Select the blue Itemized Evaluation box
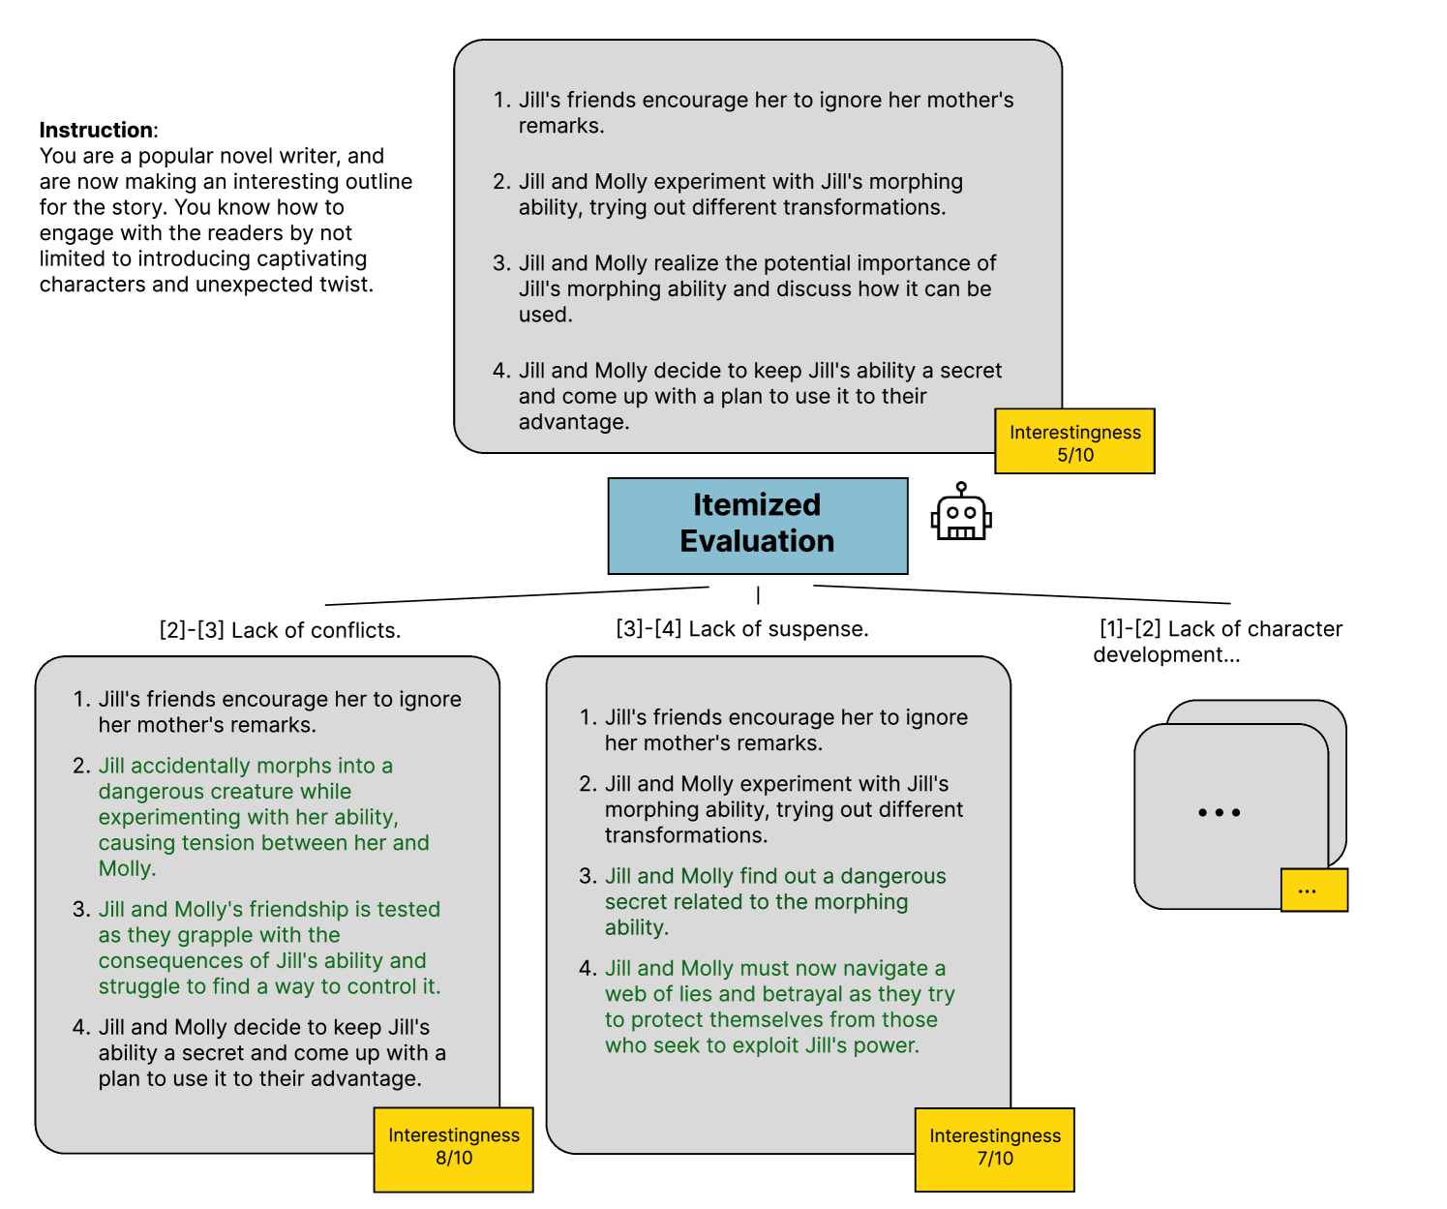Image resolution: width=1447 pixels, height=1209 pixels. [x=757, y=525]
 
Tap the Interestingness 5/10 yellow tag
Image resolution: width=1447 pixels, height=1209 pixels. [x=1074, y=442]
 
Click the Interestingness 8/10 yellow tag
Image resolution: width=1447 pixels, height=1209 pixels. [x=453, y=1148]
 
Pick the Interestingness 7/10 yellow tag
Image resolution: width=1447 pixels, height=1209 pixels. [x=994, y=1148]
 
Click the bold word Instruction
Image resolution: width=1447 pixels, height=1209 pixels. [x=96, y=131]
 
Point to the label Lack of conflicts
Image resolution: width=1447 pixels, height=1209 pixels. [x=280, y=630]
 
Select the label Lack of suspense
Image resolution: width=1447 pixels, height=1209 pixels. [x=742, y=629]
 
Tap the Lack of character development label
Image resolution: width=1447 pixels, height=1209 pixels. [x=1218, y=641]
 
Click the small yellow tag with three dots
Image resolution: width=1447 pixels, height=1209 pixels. [x=1313, y=891]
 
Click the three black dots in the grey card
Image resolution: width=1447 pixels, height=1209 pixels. [x=1219, y=813]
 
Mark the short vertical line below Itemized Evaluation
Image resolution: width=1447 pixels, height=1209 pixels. [x=758, y=594]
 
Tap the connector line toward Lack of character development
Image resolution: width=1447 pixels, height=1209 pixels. [x=1021, y=594]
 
